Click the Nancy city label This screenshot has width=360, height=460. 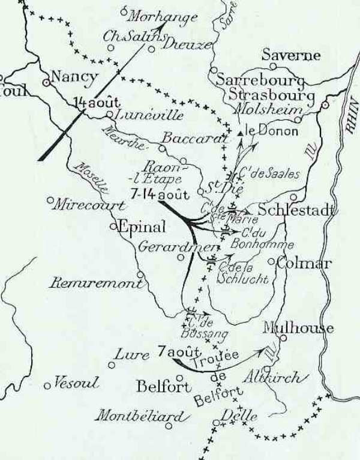(74, 77)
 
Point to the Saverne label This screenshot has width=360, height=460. (291, 55)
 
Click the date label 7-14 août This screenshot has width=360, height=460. (159, 193)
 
